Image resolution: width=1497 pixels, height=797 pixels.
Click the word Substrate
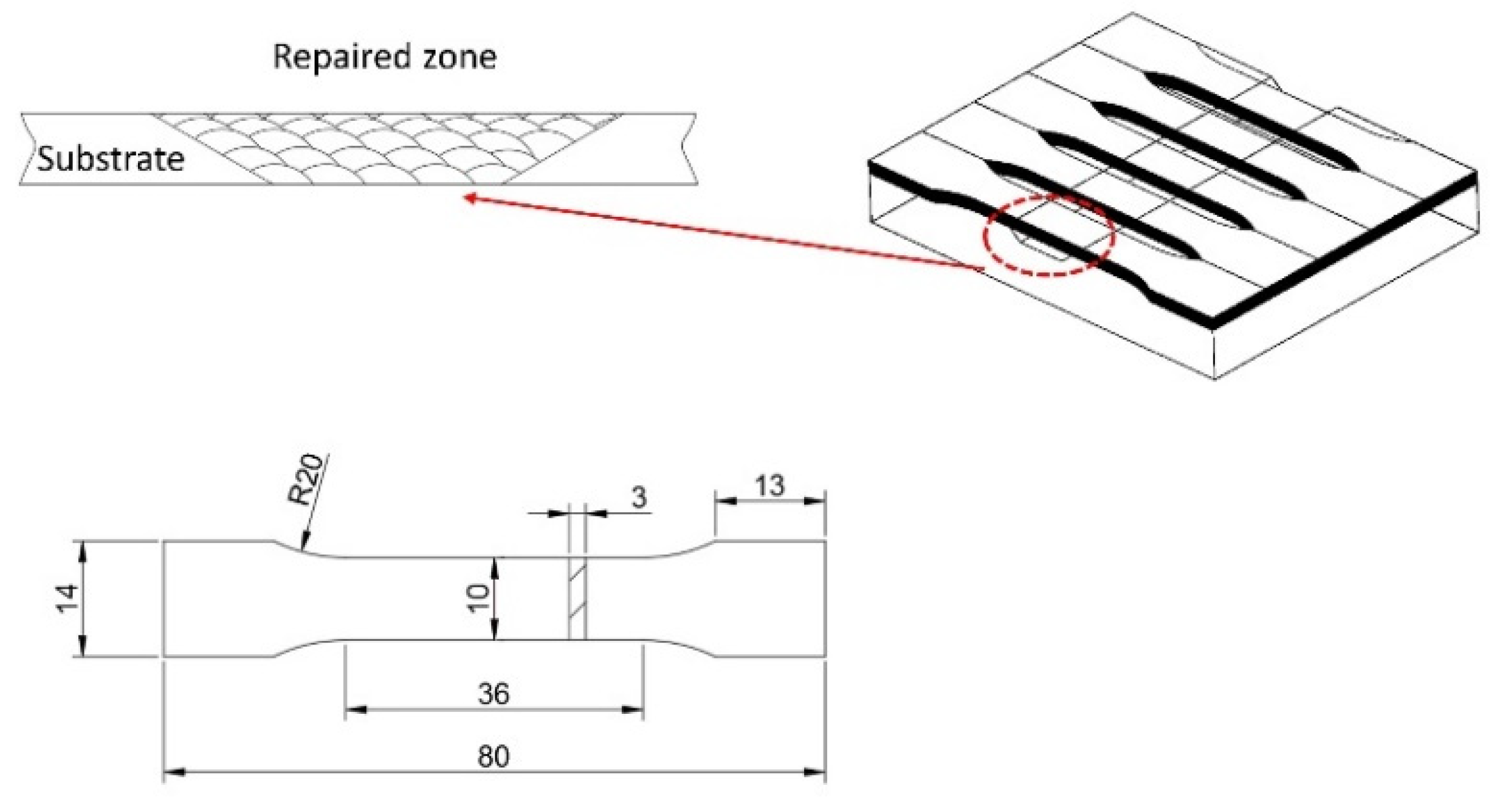(x=111, y=159)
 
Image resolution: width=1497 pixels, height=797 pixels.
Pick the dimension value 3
(x=638, y=498)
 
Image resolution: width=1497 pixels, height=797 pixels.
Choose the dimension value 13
(x=769, y=486)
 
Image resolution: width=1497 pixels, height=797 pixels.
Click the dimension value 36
(x=493, y=694)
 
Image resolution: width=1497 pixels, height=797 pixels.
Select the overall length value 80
(x=493, y=756)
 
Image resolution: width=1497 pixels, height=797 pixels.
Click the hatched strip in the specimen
(x=577, y=598)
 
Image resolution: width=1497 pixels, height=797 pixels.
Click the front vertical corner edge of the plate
(x=1214, y=352)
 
